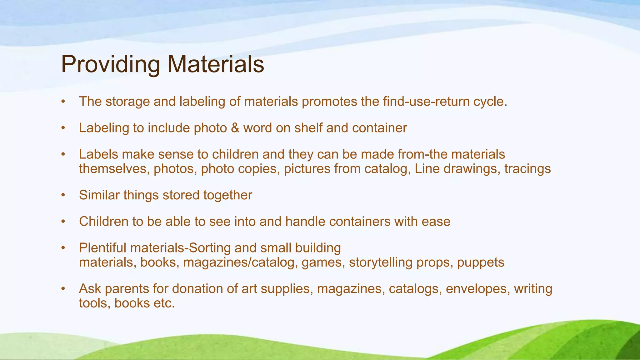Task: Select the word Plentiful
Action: (103, 248)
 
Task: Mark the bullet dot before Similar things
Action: (63, 195)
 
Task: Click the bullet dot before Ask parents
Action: (63, 289)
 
